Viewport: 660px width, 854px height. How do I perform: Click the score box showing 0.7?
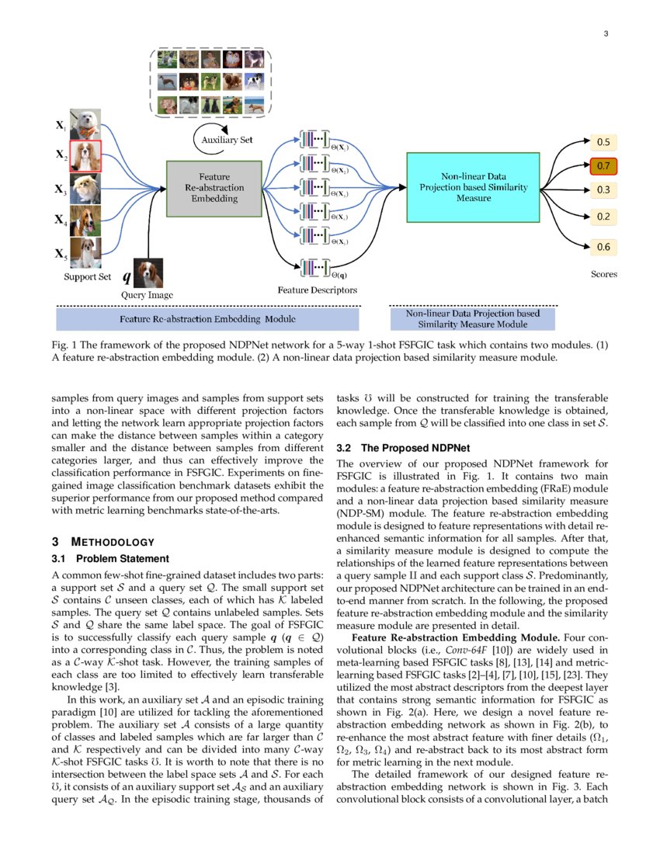coord(603,166)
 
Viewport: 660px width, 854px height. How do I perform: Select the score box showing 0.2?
coord(603,217)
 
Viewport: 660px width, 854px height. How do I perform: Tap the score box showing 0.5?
coord(603,142)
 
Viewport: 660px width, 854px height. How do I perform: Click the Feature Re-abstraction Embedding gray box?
coord(214,188)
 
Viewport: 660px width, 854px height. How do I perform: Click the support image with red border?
coord(85,155)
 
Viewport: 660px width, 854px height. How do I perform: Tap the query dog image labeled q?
coord(149,273)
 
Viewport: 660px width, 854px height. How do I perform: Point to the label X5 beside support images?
coord(60,253)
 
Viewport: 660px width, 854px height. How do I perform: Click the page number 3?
coord(605,33)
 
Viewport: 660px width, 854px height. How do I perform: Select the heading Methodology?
coord(103,542)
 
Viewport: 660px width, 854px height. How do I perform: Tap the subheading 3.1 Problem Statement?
coord(110,558)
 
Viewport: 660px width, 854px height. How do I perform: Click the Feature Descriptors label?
coord(318,290)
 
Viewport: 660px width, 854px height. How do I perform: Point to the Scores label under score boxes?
coord(603,273)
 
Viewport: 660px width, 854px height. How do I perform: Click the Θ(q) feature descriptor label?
coord(339,274)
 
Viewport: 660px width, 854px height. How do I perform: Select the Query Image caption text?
coord(147,295)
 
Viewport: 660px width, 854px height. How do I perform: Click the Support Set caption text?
coord(87,276)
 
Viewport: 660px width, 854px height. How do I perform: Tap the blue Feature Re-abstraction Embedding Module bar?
coord(207,319)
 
